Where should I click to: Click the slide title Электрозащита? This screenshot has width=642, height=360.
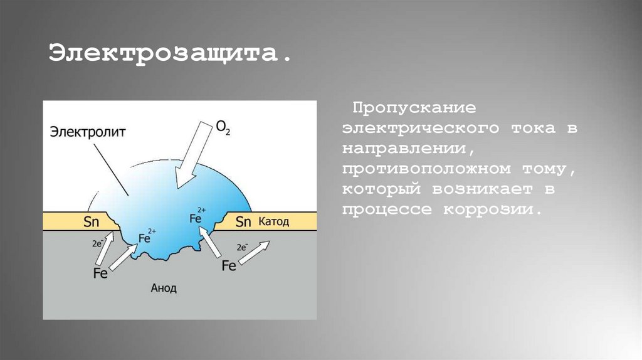[171, 53]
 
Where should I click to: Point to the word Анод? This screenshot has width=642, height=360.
[164, 288]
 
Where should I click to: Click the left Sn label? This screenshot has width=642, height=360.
[92, 221]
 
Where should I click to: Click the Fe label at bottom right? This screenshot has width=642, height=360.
[229, 266]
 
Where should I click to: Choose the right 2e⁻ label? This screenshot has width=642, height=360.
[245, 247]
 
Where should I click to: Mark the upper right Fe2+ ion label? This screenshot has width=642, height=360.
[197, 217]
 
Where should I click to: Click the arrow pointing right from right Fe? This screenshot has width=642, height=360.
[256, 253]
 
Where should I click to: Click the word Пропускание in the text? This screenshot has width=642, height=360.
[409, 108]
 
